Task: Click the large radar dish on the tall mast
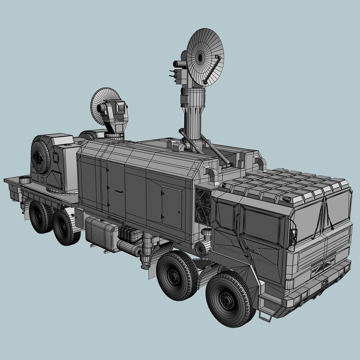[204, 57]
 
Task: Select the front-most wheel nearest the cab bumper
[229, 299]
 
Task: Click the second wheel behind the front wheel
[176, 275]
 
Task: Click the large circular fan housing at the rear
[40, 157]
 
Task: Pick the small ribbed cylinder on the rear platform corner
[25, 180]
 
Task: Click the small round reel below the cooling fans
[200, 249]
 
